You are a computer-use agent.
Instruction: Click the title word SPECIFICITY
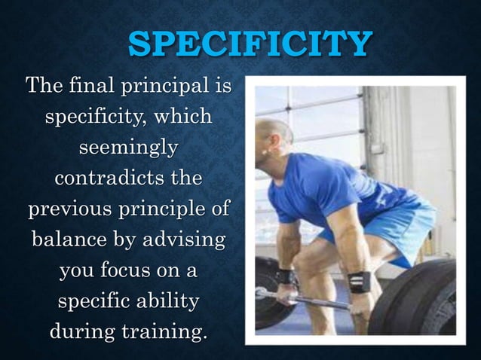pos(250,44)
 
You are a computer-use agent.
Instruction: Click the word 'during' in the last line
pos(79,332)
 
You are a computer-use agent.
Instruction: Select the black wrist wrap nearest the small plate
pos(285,276)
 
